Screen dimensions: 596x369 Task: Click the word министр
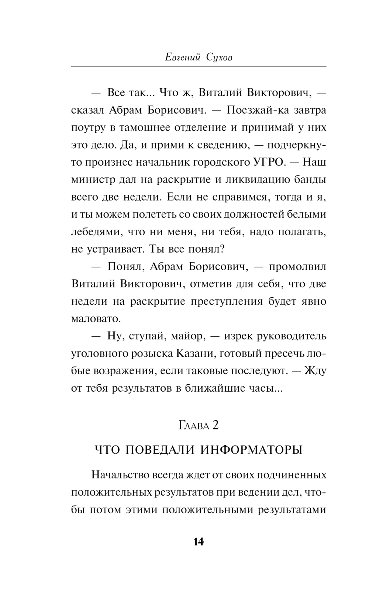[x=91, y=180]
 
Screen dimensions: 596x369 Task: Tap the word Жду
[x=315, y=371]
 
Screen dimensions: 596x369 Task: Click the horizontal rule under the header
[x=199, y=66]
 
